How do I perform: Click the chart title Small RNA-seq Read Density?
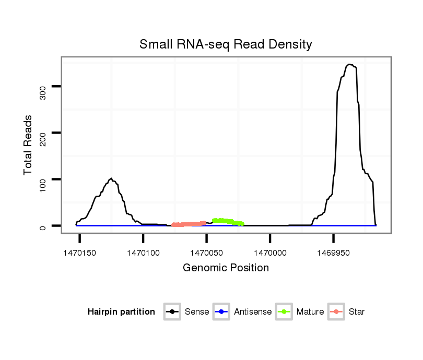click(226, 44)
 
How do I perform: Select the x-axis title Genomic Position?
click(226, 268)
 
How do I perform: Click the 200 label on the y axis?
click(43, 133)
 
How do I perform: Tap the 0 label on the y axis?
click(43, 226)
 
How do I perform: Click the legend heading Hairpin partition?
click(121, 312)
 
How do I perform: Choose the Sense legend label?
click(197, 312)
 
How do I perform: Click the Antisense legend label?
click(253, 312)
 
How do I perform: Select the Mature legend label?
click(310, 312)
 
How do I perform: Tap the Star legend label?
click(357, 312)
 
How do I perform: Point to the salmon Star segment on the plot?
click(189, 224)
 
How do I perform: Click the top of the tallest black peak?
click(349, 64)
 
